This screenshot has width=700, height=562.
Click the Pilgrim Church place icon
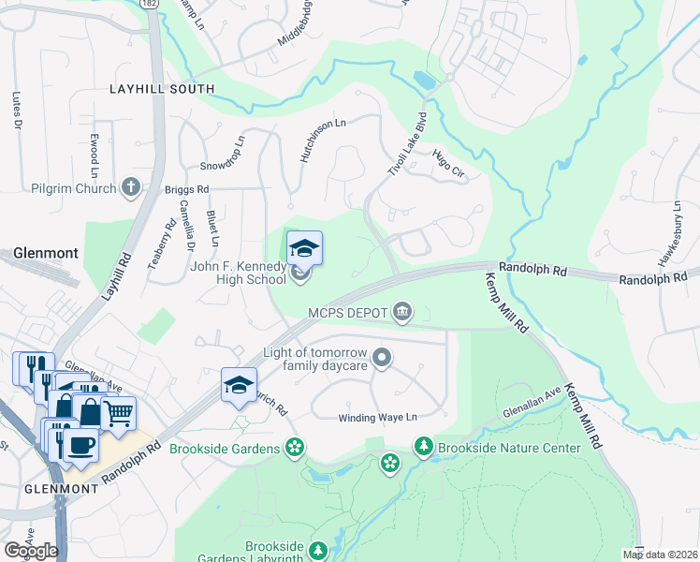click(130, 188)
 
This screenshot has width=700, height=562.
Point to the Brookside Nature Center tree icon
click(424, 448)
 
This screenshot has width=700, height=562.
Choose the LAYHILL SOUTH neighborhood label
click(161, 90)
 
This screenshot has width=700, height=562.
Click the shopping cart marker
click(117, 412)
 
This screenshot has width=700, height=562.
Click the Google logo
click(31, 551)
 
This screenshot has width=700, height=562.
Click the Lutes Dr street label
click(17, 110)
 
